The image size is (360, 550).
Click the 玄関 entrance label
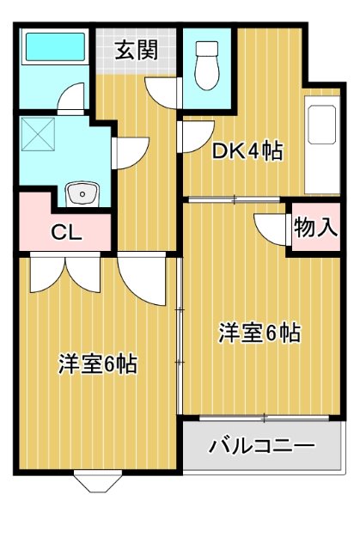137,49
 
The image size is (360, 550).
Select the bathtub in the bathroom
53,49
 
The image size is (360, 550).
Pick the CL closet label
65,232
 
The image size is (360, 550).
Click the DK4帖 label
247,152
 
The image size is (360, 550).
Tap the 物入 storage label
314,228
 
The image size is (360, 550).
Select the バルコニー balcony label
262,446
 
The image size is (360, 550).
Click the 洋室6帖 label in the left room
97,364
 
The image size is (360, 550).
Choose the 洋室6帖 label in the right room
259,333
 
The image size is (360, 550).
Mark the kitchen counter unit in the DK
324,149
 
